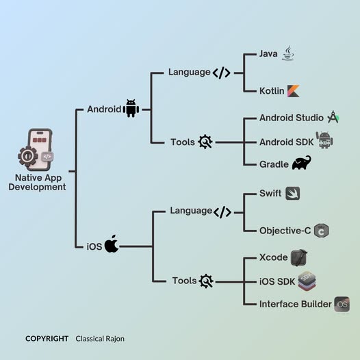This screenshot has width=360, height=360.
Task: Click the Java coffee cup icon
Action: (x=287, y=53)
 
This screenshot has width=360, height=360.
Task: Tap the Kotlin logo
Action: (x=293, y=91)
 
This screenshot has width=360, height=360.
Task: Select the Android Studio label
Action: (x=292, y=118)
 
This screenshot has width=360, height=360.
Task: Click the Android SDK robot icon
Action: (x=324, y=140)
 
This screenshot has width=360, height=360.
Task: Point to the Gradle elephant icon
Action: (x=301, y=164)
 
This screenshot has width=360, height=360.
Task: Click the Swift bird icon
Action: (x=292, y=194)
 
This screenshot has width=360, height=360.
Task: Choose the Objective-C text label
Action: (x=285, y=231)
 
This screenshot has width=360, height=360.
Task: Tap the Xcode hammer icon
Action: (x=298, y=258)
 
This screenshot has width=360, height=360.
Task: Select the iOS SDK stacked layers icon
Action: (x=307, y=281)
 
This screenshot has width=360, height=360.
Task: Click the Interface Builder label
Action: (x=295, y=304)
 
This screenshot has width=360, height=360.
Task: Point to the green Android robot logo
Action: (x=131, y=109)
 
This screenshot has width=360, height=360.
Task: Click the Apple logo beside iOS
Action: (x=111, y=244)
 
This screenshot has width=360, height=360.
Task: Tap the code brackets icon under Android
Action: (x=221, y=73)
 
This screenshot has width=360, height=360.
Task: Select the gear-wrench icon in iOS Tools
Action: (x=206, y=281)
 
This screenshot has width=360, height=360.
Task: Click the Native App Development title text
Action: (x=38, y=182)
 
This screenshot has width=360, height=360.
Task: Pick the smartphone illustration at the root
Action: (x=38, y=149)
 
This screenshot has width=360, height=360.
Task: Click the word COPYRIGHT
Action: (x=47, y=338)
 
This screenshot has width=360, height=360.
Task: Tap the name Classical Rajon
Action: (x=100, y=338)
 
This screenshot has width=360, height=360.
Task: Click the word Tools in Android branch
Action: (x=183, y=142)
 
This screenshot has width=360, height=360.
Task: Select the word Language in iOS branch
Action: (x=191, y=211)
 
